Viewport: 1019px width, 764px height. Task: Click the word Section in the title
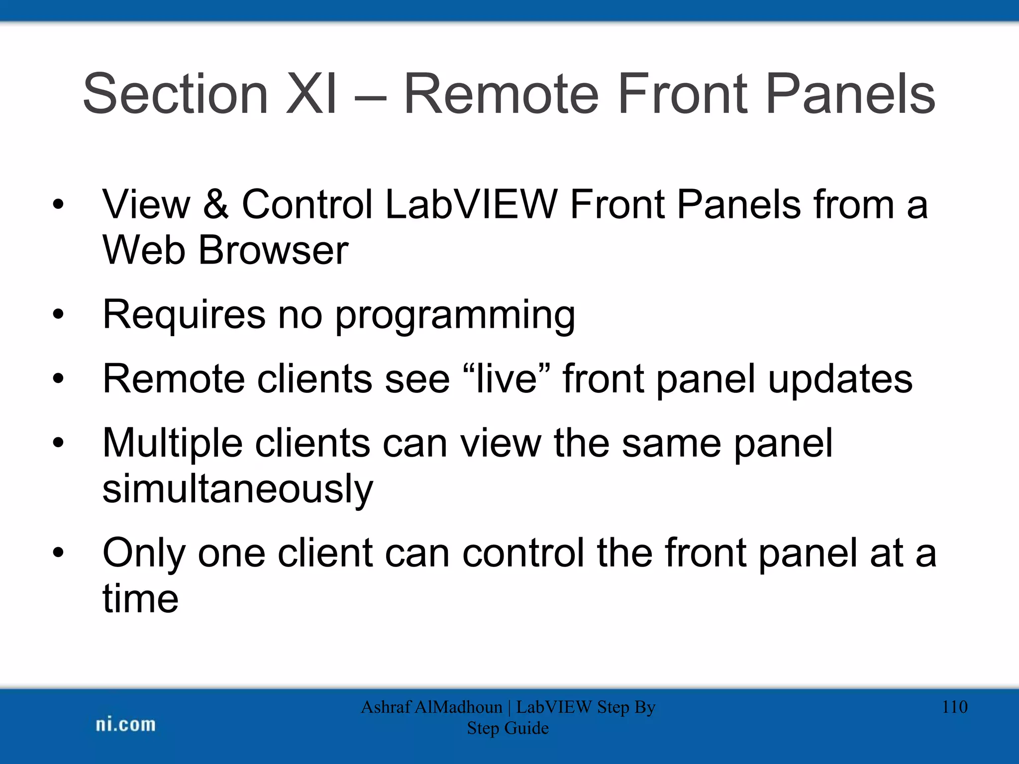175,94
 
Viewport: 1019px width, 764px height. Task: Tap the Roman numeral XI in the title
312,94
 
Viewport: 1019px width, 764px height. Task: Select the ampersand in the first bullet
215,204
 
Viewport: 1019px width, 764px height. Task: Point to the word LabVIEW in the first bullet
471,204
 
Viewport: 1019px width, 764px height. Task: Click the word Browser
273,250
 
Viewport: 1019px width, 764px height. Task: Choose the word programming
455,315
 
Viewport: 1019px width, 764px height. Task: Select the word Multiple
172,443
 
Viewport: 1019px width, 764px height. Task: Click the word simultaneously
237,489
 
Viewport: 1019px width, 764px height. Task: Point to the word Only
144,553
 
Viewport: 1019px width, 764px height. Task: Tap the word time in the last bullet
140,598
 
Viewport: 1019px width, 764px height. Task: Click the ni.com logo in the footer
125,725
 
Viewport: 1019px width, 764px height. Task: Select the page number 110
954,707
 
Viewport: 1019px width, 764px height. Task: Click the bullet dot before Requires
59,314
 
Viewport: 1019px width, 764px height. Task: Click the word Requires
184,315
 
